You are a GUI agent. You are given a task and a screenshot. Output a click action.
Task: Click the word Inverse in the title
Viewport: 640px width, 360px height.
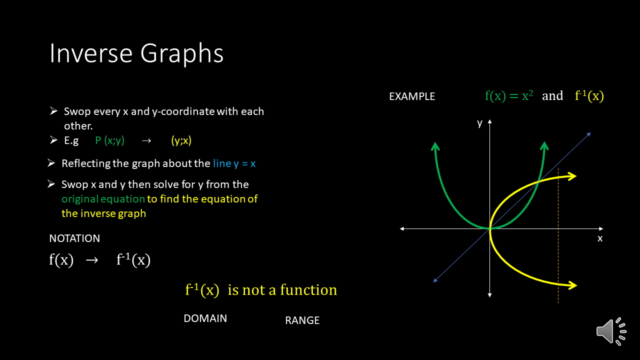pyautogui.click(x=91, y=53)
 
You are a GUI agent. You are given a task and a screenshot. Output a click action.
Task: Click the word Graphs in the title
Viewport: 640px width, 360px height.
pyautogui.click(x=181, y=54)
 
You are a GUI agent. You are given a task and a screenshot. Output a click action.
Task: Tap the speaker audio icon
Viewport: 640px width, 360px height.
pyautogui.click(x=611, y=331)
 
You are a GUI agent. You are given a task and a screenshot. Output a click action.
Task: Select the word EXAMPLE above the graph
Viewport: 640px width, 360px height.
pyautogui.click(x=412, y=96)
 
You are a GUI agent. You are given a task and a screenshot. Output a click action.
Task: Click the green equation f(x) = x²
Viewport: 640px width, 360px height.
pyautogui.click(x=509, y=95)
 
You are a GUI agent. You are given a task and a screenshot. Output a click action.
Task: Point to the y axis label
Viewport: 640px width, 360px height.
pyautogui.click(x=479, y=123)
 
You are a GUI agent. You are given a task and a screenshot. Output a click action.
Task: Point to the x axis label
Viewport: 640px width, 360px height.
pyautogui.click(x=600, y=238)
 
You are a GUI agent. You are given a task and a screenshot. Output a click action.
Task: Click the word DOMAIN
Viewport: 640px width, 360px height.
pyautogui.click(x=205, y=318)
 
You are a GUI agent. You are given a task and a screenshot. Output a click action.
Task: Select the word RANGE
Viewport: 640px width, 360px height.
pyautogui.click(x=302, y=320)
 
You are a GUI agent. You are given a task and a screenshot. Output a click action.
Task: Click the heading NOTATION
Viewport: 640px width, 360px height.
pyautogui.click(x=74, y=238)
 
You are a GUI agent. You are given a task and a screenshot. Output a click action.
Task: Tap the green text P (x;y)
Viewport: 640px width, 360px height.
pyautogui.click(x=109, y=140)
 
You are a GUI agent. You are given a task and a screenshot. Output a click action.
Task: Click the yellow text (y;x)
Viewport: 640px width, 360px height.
pyautogui.click(x=181, y=140)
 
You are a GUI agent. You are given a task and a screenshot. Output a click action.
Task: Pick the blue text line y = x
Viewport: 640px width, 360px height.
pyautogui.click(x=234, y=163)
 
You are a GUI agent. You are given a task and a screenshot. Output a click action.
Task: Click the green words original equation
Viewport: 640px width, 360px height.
pyautogui.click(x=103, y=199)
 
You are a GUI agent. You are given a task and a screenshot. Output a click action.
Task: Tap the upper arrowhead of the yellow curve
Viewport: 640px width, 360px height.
pyautogui.click(x=572, y=176)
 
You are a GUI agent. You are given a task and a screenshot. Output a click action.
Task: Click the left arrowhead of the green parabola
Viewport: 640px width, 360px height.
pyautogui.click(x=435, y=146)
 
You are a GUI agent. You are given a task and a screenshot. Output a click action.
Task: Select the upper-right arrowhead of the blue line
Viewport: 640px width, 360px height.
pyautogui.click(x=588, y=134)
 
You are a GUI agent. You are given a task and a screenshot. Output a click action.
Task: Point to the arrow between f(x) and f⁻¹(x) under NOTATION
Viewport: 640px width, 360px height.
pyautogui.click(x=92, y=260)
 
